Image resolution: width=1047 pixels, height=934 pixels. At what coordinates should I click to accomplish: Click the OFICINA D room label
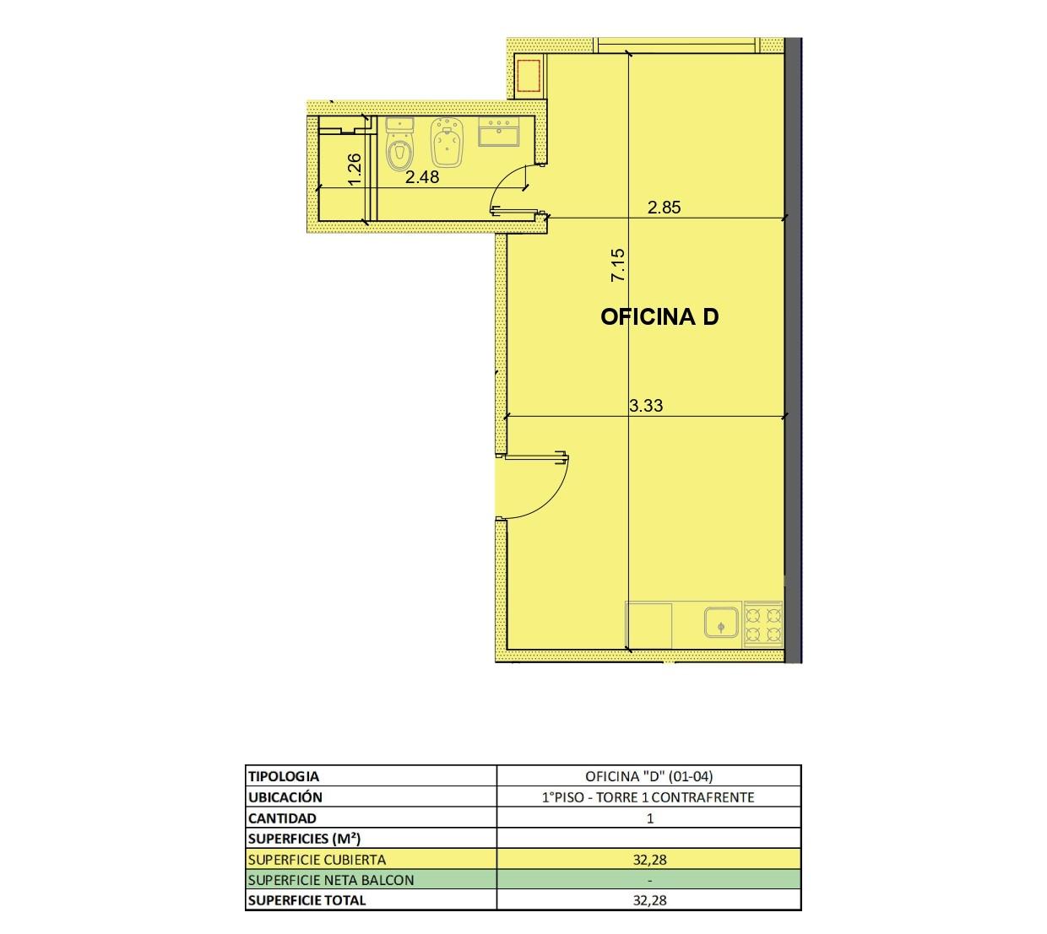pos(659,316)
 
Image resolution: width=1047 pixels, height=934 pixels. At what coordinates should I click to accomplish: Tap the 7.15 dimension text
pos(617,264)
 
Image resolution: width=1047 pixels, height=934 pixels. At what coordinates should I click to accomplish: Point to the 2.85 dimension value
pos(664,207)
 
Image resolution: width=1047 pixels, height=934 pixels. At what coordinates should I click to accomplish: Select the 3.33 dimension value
pos(646,405)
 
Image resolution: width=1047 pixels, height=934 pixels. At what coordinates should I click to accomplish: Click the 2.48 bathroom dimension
pos(422,177)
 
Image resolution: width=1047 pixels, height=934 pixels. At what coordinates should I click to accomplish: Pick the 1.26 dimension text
pos(354,170)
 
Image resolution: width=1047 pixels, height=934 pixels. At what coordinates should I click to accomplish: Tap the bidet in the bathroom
pos(446,143)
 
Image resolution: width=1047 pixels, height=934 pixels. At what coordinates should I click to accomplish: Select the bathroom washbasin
pos(499,132)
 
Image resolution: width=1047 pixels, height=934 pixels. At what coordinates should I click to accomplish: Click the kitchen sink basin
pos(721,622)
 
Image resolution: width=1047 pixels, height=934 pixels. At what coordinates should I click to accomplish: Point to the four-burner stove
pos(763,624)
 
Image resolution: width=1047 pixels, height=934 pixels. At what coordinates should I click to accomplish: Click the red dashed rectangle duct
pos(529,75)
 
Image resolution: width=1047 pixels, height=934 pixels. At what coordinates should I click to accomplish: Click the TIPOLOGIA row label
pos(284,776)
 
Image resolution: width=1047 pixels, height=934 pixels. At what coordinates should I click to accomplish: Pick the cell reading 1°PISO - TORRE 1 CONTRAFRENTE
pos(648,797)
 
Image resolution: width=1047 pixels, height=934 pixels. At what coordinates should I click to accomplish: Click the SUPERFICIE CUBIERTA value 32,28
pos(649,860)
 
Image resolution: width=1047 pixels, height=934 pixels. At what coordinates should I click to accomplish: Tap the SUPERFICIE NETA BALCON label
pos(331,880)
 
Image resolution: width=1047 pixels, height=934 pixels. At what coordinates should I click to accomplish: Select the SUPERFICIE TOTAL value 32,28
pos(649,900)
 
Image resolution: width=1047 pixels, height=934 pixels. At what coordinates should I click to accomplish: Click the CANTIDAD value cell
pos(649,818)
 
